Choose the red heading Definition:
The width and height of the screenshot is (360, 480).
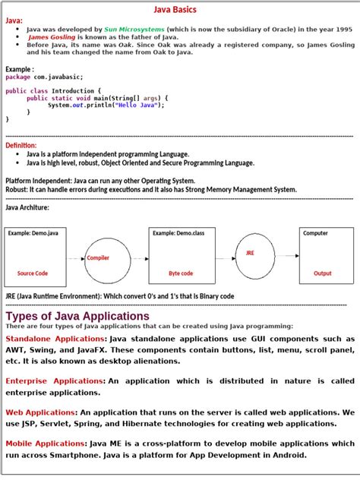(x=21, y=145)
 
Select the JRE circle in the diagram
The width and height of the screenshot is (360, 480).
(x=255, y=255)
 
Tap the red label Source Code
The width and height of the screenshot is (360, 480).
(x=32, y=273)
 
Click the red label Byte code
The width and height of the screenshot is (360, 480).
(x=181, y=273)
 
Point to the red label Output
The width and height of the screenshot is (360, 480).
(x=323, y=273)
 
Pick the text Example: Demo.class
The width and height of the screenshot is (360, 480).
(x=178, y=233)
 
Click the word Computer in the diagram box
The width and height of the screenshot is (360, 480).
(x=315, y=233)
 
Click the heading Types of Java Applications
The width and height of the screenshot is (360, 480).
(x=77, y=316)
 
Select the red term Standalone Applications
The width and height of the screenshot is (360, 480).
(x=55, y=339)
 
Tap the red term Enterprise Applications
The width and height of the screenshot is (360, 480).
(x=55, y=381)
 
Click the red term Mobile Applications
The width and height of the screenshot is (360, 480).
(x=46, y=443)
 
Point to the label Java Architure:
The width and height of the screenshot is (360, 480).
(x=27, y=207)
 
